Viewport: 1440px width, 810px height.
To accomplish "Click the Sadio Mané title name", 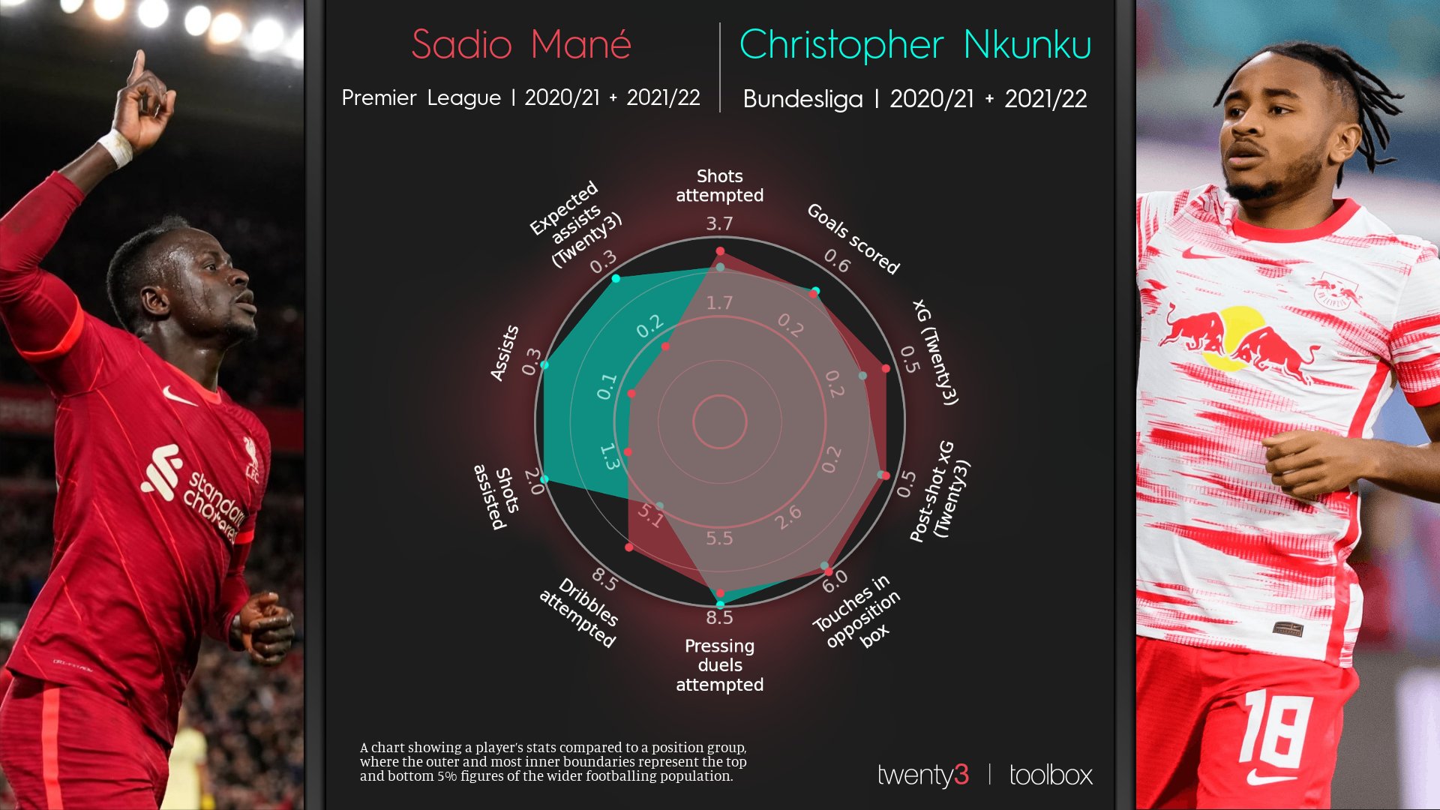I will point(521,45).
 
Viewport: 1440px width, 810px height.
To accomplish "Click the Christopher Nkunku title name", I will point(915,45).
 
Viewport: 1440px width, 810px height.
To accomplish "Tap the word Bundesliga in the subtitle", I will point(802,99).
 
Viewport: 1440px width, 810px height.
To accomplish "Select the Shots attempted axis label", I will point(719,185).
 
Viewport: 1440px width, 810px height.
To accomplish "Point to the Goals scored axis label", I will point(853,238).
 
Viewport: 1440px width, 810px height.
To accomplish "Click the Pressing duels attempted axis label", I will point(719,665).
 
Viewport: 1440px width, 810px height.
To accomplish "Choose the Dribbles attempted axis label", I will point(579,613).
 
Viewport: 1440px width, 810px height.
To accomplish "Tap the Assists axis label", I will point(504,352).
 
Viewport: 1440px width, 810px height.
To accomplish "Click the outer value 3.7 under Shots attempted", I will point(719,223).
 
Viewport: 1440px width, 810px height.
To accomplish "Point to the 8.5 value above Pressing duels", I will point(719,617).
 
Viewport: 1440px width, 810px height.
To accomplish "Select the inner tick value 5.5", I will point(719,538).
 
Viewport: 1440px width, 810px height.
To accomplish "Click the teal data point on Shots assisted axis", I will point(545,478).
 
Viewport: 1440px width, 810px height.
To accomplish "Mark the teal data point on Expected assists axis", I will point(616,278).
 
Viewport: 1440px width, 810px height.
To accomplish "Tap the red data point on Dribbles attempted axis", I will point(628,547).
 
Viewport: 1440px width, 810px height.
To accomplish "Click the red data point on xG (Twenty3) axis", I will point(886,369).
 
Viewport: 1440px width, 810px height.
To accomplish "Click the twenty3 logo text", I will point(922,775).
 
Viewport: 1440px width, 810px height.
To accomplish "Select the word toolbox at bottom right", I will point(1051,775).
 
